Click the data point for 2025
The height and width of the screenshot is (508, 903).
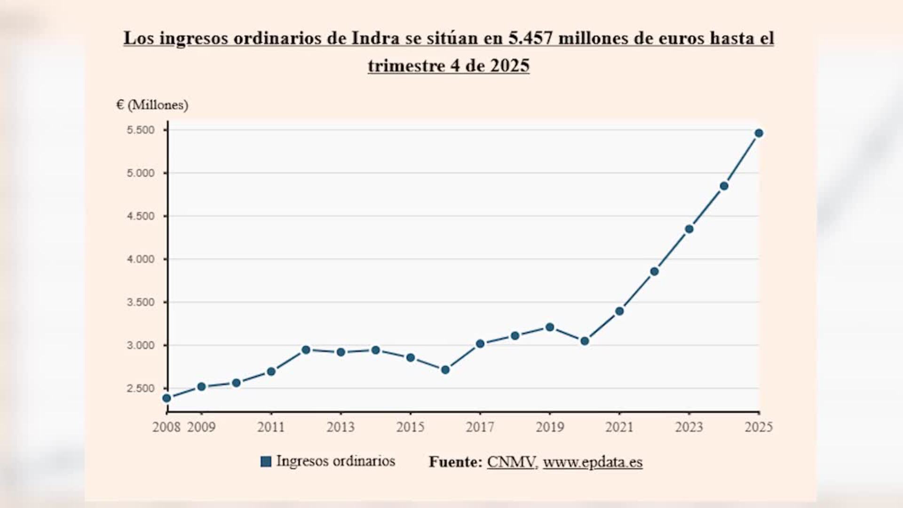click(x=759, y=133)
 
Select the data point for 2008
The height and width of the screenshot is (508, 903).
click(x=166, y=398)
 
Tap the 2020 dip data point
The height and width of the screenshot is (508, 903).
click(x=585, y=341)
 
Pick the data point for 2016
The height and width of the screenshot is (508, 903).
click(x=445, y=370)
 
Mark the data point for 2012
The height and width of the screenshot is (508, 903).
click(x=306, y=349)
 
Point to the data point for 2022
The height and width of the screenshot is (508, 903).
click(x=654, y=271)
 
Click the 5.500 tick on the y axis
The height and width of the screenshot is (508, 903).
click(x=141, y=130)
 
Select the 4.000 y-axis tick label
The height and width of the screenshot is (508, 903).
click(x=141, y=259)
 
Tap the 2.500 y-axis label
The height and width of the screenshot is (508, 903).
click(x=141, y=389)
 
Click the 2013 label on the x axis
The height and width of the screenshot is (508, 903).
click(x=341, y=427)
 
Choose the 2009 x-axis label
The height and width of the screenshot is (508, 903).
click(x=201, y=427)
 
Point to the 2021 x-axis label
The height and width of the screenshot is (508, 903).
click(x=619, y=427)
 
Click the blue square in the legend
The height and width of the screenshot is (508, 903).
click(x=266, y=461)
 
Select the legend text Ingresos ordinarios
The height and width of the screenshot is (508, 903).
click(x=335, y=461)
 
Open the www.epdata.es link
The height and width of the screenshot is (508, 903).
click(x=593, y=462)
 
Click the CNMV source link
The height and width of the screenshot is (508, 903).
click(x=511, y=462)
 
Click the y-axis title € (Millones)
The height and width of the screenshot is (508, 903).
click(x=152, y=105)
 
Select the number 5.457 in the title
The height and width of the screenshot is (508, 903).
click(x=530, y=38)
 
